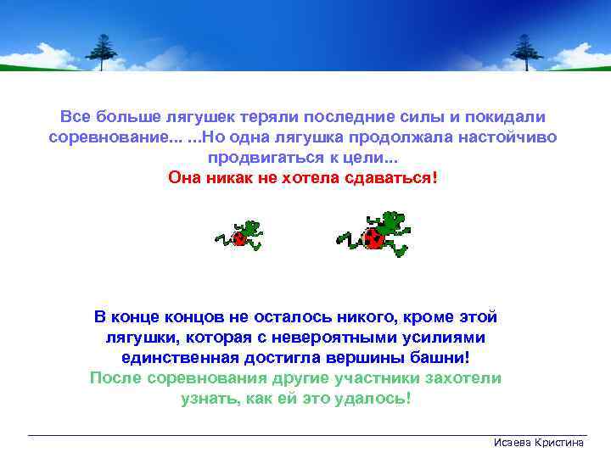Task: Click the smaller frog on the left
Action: coord(239,234)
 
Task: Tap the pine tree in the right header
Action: coord(525,51)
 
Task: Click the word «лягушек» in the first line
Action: coord(222,116)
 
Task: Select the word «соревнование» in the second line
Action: coord(105,137)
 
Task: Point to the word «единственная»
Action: coord(188,358)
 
